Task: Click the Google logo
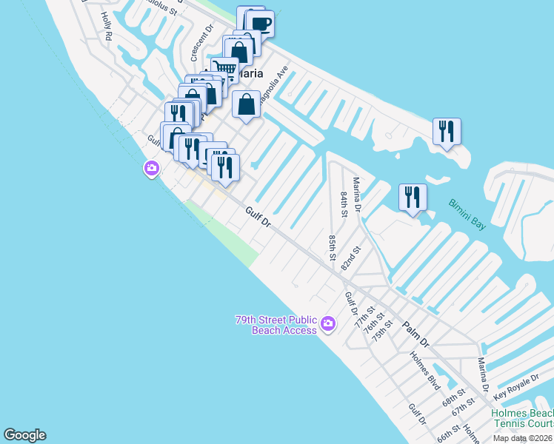coord(24,435)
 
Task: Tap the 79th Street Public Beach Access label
coord(276,325)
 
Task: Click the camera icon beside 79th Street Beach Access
coord(330,324)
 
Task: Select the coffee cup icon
coord(261,24)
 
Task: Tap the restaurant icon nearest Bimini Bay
coord(413,197)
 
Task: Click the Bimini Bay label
coord(467,214)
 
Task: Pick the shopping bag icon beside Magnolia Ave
coord(247,104)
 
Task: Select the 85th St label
coord(333,247)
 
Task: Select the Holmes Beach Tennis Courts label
coord(522,418)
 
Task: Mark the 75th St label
coord(383,328)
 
